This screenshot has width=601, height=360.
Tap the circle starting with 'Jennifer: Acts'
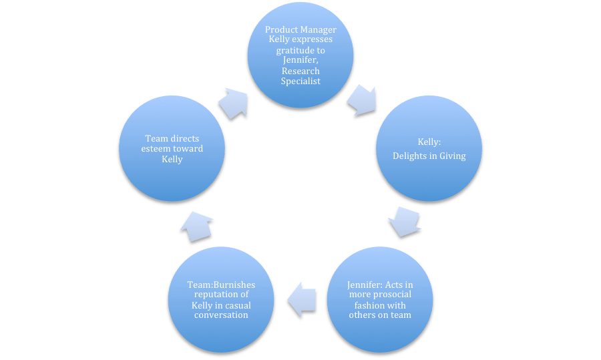point(379,300)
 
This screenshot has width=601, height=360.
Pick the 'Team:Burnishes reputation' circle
point(222,300)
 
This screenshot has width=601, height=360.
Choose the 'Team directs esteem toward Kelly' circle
point(171,148)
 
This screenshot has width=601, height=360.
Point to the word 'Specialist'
point(300,81)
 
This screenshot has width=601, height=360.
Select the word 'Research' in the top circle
point(300,71)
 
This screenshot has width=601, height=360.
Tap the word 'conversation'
point(222,315)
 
